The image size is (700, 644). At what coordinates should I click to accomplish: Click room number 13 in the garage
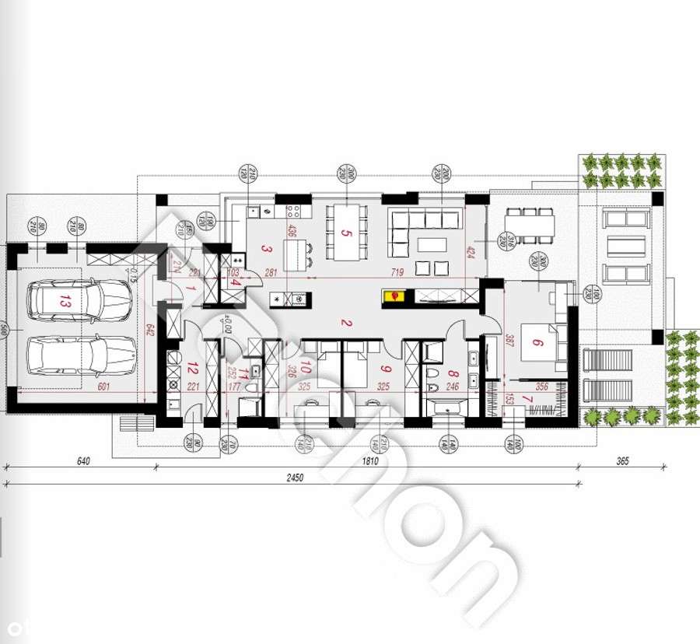tap(64, 302)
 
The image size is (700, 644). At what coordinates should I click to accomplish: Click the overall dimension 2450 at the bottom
tap(293, 477)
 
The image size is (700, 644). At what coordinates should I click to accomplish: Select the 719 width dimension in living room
tap(397, 272)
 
